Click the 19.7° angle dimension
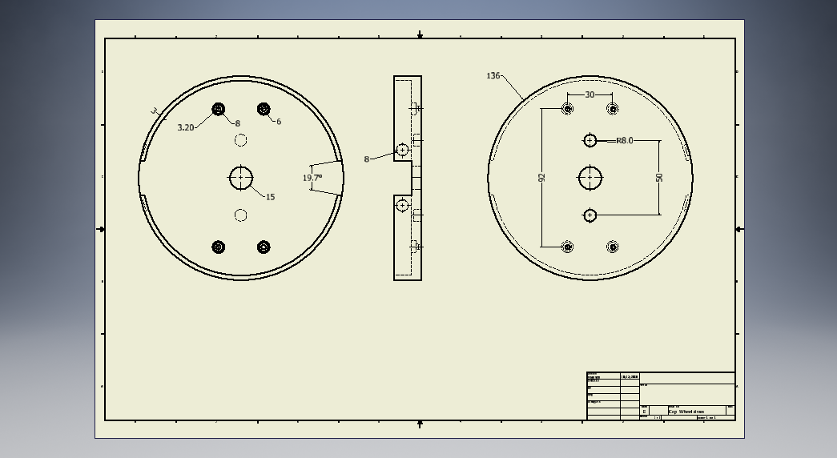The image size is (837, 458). tap(312, 178)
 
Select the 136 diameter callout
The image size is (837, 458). tap(493, 76)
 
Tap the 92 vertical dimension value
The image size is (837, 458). tap(541, 178)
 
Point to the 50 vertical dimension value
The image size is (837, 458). tap(659, 177)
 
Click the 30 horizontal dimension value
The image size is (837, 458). tap(590, 94)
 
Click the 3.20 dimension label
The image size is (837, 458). tap(185, 127)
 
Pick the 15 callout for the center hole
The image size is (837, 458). tap(270, 197)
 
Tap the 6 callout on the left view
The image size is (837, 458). tap(279, 122)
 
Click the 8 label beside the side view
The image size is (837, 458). tap(367, 159)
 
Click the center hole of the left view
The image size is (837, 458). tap(241, 178)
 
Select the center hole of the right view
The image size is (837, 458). tap(590, 178)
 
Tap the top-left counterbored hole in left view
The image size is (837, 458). tap(218, 109)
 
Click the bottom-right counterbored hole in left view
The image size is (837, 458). tap(264, 247)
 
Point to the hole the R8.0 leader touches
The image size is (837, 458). tap(590, 141)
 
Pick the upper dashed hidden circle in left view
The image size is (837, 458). tap(240, 140)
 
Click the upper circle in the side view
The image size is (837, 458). tap(403, 150)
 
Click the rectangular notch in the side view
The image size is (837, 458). tap(402, 178)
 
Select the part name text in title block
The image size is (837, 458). tap(686, 412)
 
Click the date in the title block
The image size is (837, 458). tap(630, 376)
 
